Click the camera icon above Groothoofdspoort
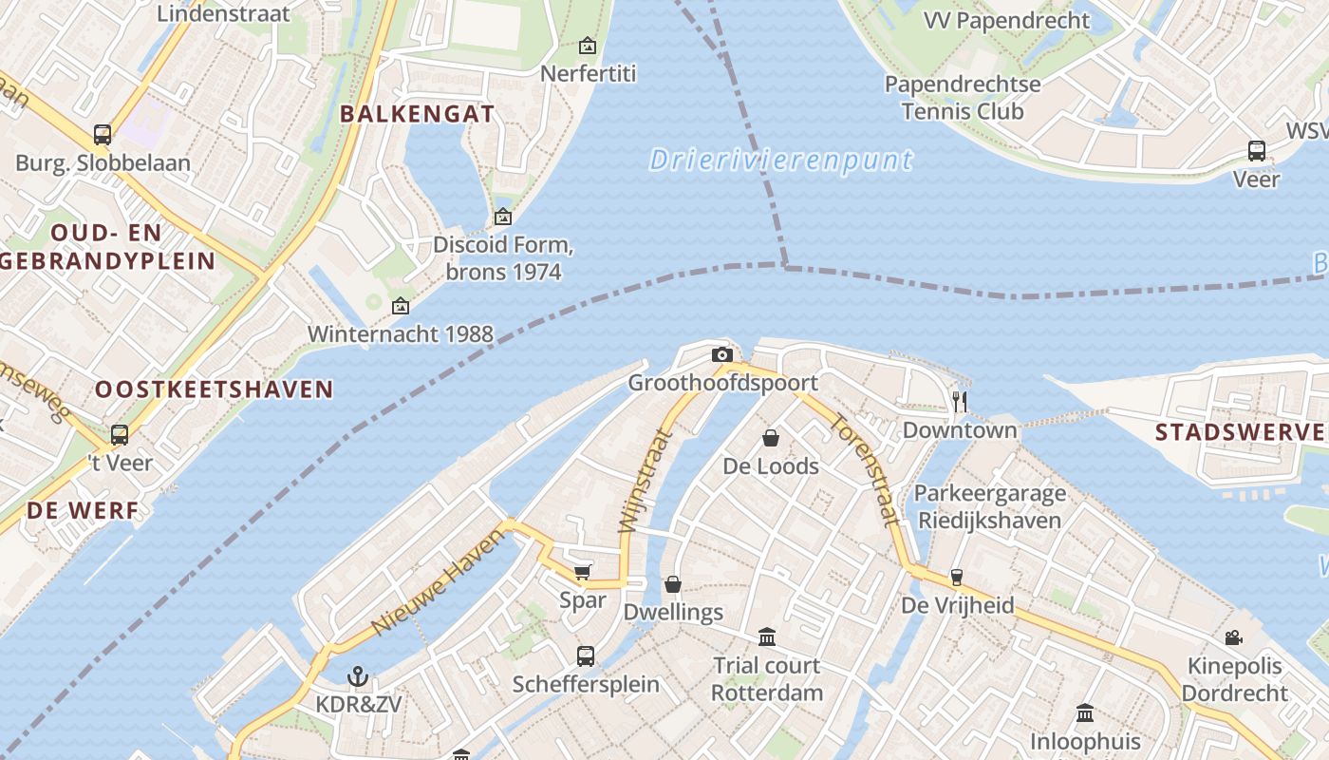point(722,355)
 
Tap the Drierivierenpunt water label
point(780,160)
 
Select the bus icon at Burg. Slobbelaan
point(103,135)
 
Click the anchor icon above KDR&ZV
point(358,676)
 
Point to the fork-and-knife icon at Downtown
point(960,401)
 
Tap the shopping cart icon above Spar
point(582,572)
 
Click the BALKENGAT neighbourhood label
point(417,115)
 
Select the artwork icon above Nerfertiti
point(588,45)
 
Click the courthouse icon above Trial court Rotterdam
point(767,636)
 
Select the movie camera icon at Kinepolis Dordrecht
point(1233,637)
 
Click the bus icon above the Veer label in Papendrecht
point(1257,150)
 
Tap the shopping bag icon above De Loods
point(771,438)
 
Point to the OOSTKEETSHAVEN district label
point(215,389)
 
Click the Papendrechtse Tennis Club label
point(963,98)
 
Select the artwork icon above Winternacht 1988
point(401,306)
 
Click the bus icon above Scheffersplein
point(586,655)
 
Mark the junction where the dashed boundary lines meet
point(785,265)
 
